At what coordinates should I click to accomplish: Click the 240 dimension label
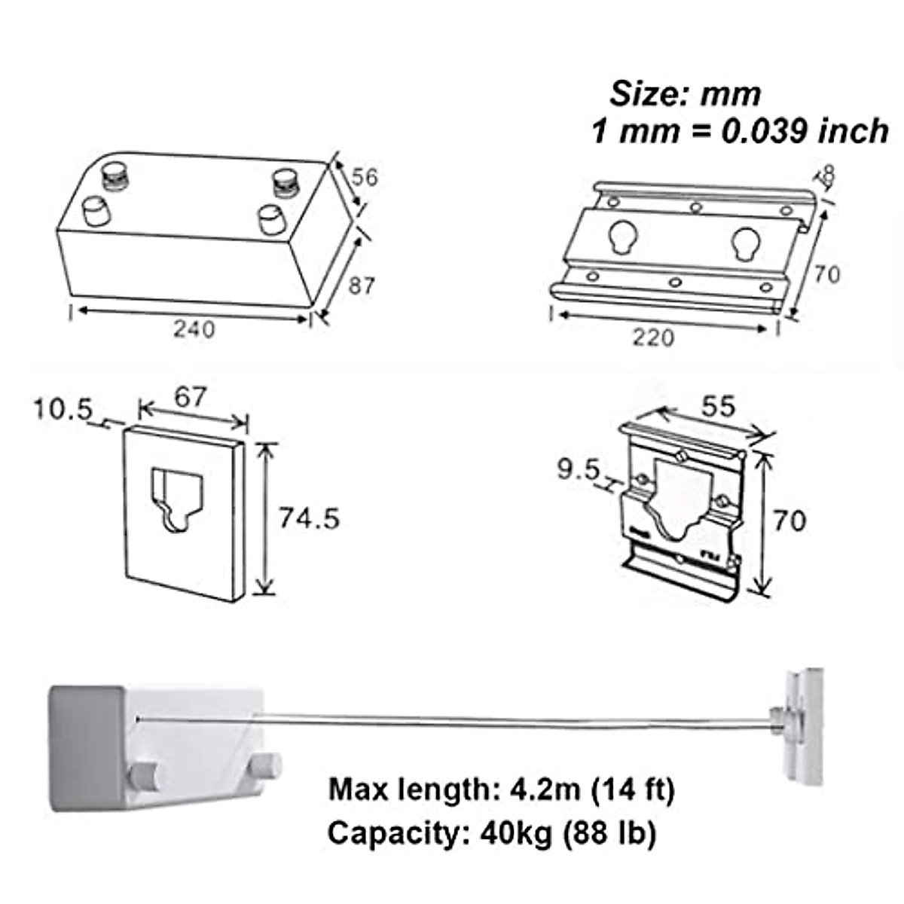pyautogui.click(x=194, y=329)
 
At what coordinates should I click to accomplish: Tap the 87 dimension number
pyautogui.click(x=361, y=286)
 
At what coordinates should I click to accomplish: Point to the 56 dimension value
pyautogui.click(x=365, y=178)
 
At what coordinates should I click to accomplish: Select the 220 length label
pyautogui.click(x=652, y=337)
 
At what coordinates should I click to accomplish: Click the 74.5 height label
pyautogui.click(x=309, y=518)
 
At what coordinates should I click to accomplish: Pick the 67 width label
pyautogui.click(x=190, y=397)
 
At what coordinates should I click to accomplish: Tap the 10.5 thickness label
pyautogui.click(x=62, y=410)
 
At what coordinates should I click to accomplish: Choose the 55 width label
pyautogui.click(x=717, y=407)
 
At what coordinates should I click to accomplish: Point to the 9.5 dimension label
pyautogui.click(x=578, y=470)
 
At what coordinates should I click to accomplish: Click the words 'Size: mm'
pyautogui.click(x=685, y=95)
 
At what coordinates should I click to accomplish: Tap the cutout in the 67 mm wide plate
pyautogui.click(x=178, y=499)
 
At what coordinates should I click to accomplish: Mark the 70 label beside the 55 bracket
pyautogui.click(x=789, y=521)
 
